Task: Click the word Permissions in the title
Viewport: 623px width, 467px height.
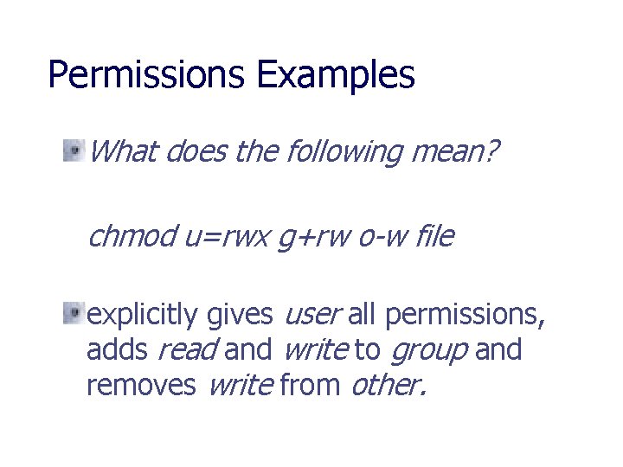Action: point(147,75)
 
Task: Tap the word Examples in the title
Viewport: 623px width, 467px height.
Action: point(336,75)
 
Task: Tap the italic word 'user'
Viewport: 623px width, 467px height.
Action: point(312,316)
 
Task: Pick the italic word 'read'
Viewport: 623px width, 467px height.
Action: point(186,350)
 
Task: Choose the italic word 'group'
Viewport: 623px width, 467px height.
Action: point(428,351)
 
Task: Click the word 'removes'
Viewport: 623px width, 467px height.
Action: point(141,384)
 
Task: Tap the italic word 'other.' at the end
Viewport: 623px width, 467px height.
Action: point(388,384)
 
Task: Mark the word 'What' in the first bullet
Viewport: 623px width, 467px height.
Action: point(122,153)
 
